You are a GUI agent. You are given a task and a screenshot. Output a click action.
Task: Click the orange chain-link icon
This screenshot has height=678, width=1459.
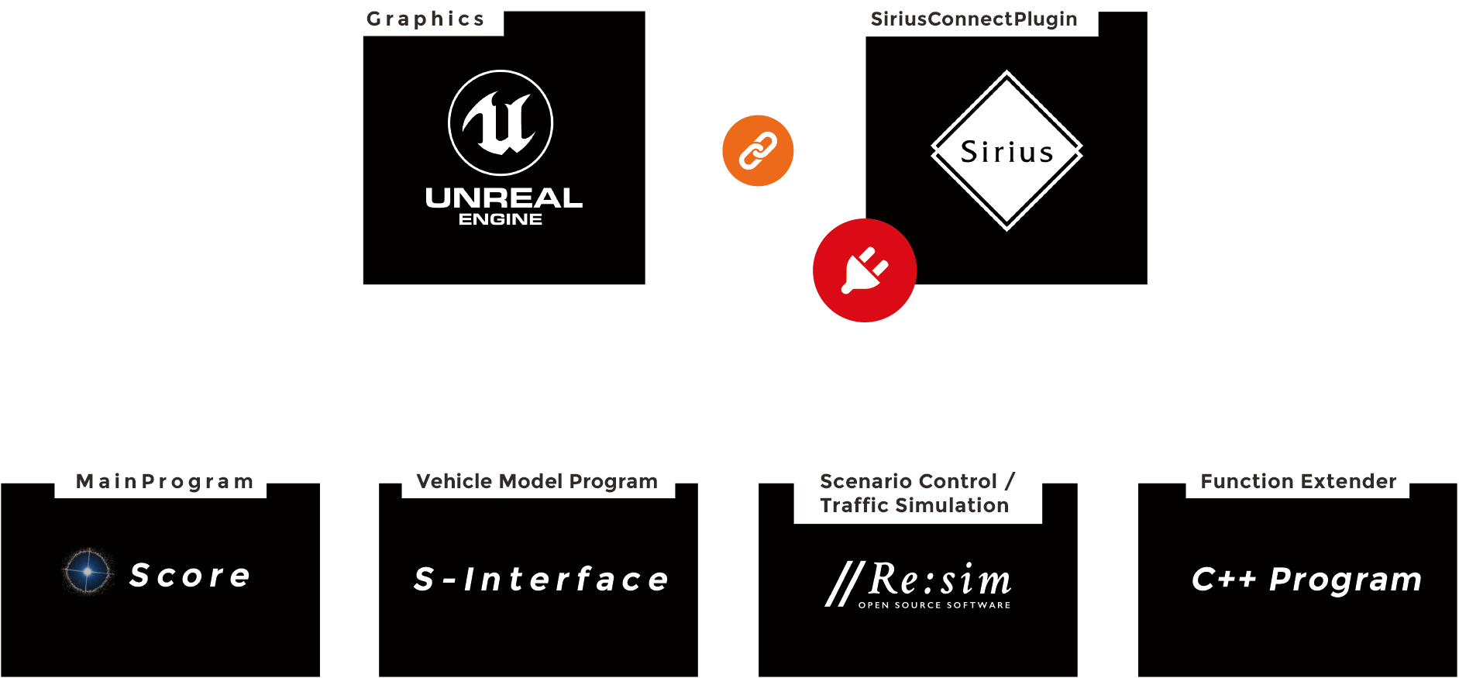[x=758, y=150]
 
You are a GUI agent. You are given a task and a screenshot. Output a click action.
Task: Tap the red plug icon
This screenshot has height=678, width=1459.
[x=865, y=270]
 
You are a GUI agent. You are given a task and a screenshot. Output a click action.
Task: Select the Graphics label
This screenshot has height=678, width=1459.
[x=425, y=19]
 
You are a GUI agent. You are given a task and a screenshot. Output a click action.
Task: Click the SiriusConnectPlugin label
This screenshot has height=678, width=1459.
[x=973, y=19]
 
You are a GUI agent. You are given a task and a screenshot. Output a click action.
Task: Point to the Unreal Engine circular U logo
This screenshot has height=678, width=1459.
[x=501, y=122]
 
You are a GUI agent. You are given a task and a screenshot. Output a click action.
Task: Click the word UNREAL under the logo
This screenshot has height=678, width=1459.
[x=504, y=198]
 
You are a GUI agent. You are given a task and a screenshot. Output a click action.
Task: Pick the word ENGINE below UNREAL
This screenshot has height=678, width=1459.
[x=501, y=219]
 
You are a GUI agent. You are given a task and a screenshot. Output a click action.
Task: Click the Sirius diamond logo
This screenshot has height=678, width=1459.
[x=1007, y=151]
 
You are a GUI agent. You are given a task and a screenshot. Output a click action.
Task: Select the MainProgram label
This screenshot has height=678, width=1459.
[x=164, y=481]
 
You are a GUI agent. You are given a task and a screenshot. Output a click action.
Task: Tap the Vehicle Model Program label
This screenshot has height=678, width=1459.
[x=537, y=481]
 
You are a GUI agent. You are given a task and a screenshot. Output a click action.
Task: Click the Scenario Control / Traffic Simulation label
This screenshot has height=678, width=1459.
[x=917, y=493]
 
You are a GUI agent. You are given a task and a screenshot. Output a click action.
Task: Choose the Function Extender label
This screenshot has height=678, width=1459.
[x=1298, y=481]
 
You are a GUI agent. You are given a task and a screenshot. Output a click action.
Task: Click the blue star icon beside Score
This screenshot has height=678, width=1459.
[x=88, y=571]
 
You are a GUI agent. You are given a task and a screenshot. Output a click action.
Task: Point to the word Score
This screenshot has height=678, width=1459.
[x=190, y=576]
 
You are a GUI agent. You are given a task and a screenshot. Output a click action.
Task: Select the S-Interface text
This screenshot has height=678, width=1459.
[x=541, y=580]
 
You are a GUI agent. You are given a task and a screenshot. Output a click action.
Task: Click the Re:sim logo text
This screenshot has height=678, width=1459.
[x=939, y=579]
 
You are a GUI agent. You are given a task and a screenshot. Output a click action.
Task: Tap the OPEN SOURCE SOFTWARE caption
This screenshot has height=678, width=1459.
[x=934, y=605]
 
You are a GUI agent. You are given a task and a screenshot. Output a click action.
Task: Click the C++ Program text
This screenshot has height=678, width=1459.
[x=1306, y=580]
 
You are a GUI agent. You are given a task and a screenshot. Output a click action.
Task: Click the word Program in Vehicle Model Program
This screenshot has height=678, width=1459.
[x=613, y=481]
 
